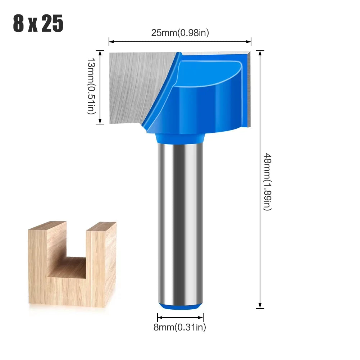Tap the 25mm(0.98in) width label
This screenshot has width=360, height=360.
click(180, 33)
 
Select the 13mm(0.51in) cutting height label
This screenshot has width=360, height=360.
click(91, 86)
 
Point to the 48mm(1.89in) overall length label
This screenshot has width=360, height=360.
click(268, 182)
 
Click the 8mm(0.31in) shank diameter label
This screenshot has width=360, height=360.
click(180, 327)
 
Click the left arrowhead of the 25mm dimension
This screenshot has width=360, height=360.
click(111, 42)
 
